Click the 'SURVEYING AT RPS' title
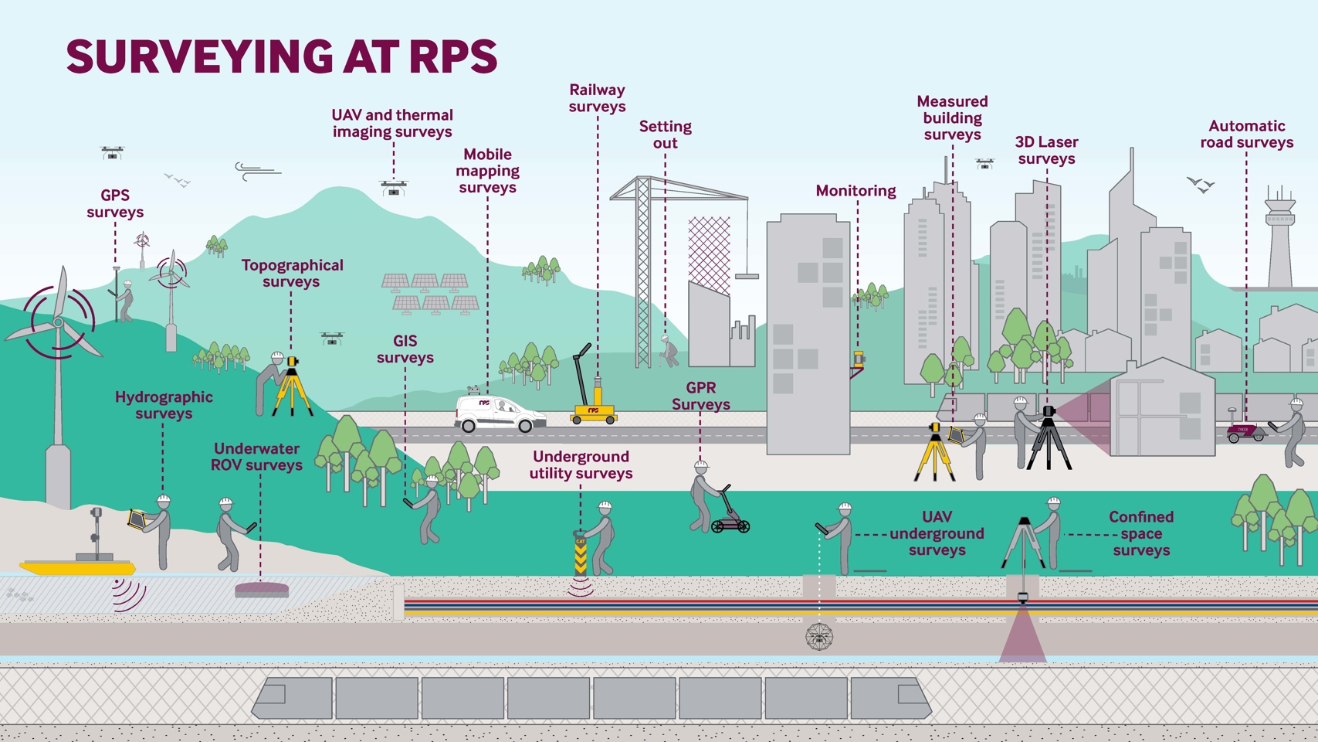click(x=282, y=56)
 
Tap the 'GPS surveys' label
click(x=115, y=204)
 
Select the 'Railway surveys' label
click(x=597, y=98)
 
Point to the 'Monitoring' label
click(x=856, y=191)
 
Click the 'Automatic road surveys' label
click(x=1246, y=134)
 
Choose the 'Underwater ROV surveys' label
click(x=256, y=457)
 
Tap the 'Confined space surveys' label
click(x=1140, y=533)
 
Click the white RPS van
click(x=499, y=414)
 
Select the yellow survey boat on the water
click(x=77, y=567)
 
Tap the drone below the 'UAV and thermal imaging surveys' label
click(x=394, y=188)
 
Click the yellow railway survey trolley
click(x=593, y=411)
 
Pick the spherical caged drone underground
click(x=819, y=638)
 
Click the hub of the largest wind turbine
click(x=59, y=322)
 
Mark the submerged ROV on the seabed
click(x=262, y=591)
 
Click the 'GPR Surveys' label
click(x=700, y=396)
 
